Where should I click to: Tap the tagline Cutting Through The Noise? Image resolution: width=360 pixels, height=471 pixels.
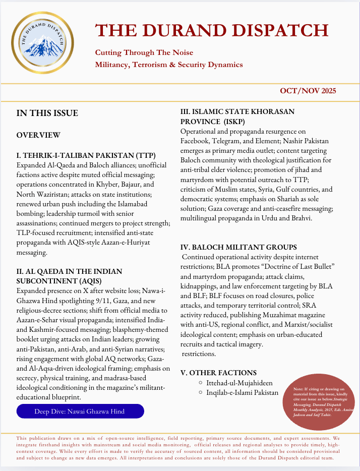click(144, 52)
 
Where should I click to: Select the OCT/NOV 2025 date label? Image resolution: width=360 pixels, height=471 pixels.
click(308, 91)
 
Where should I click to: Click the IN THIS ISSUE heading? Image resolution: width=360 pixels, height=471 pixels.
click(47, 113)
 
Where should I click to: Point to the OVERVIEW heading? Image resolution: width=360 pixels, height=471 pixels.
click(38, 135)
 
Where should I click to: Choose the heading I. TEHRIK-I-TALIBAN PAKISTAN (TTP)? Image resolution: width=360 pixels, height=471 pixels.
click(86, 155)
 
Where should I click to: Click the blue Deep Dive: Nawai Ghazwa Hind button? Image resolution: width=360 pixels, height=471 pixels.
click(80, 411)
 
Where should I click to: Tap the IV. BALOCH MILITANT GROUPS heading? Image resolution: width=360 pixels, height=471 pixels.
click(238, 247)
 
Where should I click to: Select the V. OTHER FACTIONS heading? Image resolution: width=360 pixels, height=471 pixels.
click(218, 373)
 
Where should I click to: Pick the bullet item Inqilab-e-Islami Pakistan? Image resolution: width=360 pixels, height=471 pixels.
click(243, 392)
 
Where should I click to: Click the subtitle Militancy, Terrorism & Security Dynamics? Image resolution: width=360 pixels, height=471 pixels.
click(169, 65)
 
